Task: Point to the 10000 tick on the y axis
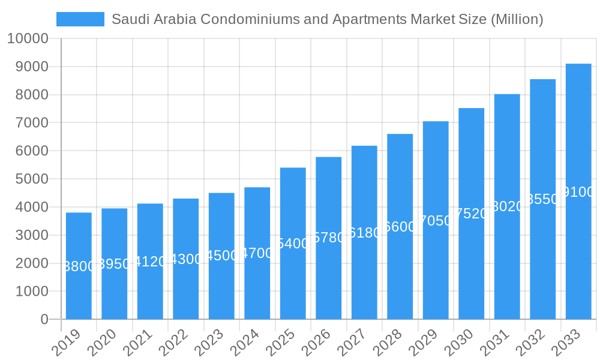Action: (28, 39)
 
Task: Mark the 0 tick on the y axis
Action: (44, 320)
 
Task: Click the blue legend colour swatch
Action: (80, 19)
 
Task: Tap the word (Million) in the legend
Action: (517, 19)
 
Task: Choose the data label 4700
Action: (257, 253)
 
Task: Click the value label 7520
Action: (472, 214)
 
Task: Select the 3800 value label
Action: (79, 266)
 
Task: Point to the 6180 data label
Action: (364, 233)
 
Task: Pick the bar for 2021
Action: (150, 288)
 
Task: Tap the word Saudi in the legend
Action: (129, 19)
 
